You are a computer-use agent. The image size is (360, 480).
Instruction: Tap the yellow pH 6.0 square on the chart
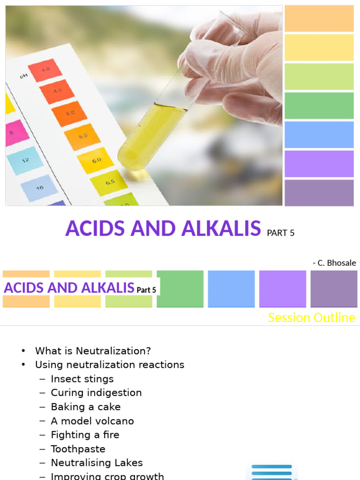click(96, 160)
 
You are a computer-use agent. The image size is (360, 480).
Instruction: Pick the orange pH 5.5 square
click(82, 136)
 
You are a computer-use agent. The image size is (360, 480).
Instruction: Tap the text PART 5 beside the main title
click(280, 232)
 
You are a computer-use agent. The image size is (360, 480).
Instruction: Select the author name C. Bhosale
click(334, 262)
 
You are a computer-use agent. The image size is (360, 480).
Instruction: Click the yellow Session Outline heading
click(311, 318)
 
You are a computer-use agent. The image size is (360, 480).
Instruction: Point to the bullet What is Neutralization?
click(93, 351)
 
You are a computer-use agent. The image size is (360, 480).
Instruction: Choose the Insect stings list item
click(82, 379)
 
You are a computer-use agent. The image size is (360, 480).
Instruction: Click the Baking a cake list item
click(86, 407)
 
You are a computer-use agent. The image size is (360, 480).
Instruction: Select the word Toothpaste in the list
click(78, 449)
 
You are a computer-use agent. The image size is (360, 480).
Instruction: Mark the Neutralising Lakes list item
click(97, 463)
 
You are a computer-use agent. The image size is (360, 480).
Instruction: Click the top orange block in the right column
click(319, 19)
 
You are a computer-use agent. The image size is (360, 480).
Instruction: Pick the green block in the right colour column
click(319, 105)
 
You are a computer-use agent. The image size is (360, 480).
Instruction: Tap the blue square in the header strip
click(231, 289)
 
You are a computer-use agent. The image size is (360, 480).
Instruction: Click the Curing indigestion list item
click(96, 393)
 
